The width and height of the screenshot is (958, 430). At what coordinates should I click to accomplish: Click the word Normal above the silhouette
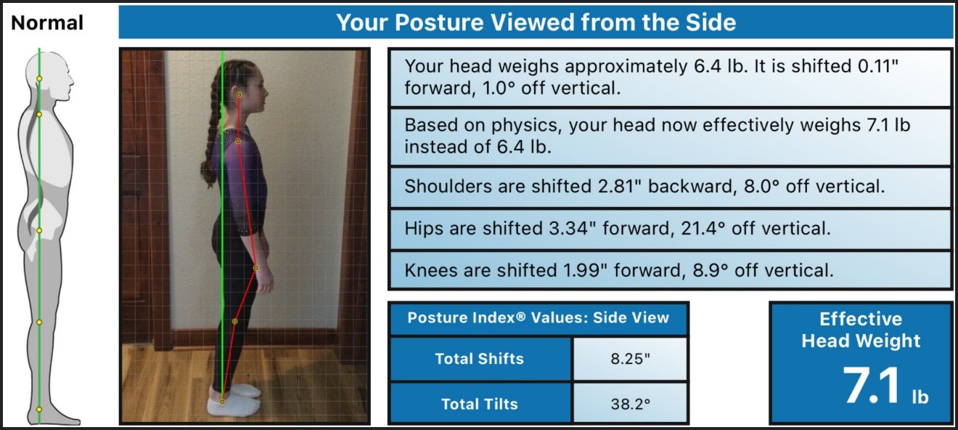pos(47,23)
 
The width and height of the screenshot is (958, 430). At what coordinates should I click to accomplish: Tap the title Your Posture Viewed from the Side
pos(536,23)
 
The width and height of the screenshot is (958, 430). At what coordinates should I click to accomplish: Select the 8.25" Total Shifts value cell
pos(630,359)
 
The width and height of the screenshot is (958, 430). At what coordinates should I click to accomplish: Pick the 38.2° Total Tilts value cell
pos(630,404)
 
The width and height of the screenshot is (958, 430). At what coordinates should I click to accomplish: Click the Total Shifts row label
pos(480,359)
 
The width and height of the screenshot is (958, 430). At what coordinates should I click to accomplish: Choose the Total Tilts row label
pos(480,404)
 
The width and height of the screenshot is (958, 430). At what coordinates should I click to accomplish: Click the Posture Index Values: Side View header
pos(538,317)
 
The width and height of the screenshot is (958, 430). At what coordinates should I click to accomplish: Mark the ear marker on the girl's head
pos(239,95)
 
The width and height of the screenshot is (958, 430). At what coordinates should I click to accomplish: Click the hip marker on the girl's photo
pos(255,268)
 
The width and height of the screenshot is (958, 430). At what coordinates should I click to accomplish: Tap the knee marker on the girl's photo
pos(234,321)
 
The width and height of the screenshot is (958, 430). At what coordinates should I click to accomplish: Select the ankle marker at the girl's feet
pos(222,402)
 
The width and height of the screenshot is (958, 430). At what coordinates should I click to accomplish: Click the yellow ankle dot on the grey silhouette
pos(39,410)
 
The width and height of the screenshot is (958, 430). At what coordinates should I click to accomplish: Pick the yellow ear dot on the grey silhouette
pos(39,78)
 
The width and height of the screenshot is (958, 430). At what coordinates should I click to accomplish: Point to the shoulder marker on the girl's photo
pos(238,141)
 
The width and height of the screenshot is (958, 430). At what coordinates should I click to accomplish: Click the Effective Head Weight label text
pos(861,330)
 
